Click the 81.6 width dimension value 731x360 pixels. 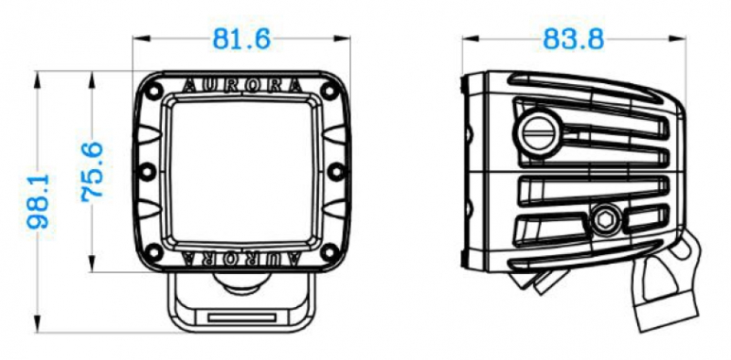[x=241, y=39]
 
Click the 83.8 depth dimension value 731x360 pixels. [x=574, y=39]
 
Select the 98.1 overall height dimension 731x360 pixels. [x=38, y=201]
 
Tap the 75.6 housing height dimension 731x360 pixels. [x=92, y=172]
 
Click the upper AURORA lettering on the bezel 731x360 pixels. [x=242, y=86]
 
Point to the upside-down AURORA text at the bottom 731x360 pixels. [x=242, y=258]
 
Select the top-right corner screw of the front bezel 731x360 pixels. [x=330, y=91]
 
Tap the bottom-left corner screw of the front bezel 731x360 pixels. [x=152, y=253]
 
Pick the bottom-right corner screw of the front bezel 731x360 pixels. [x=330, y=253]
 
